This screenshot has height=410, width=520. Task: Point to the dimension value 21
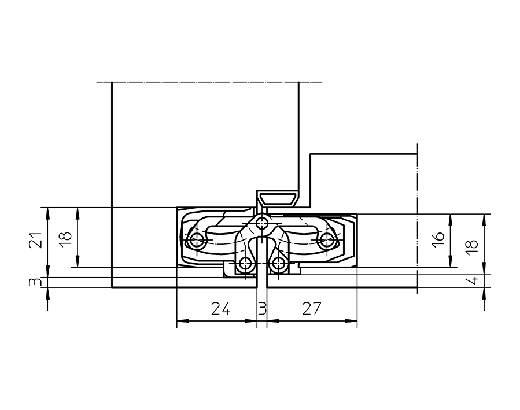point(35,239)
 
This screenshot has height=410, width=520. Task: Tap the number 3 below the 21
point(35,282)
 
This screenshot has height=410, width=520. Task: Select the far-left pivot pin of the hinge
point(197,241)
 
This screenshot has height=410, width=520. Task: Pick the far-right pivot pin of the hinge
point(327,241)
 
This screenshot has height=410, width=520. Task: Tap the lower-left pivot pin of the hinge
point(245,264)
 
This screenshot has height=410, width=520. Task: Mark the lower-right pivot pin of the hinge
point(279,264)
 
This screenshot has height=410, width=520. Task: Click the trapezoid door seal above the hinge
point(278,198)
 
